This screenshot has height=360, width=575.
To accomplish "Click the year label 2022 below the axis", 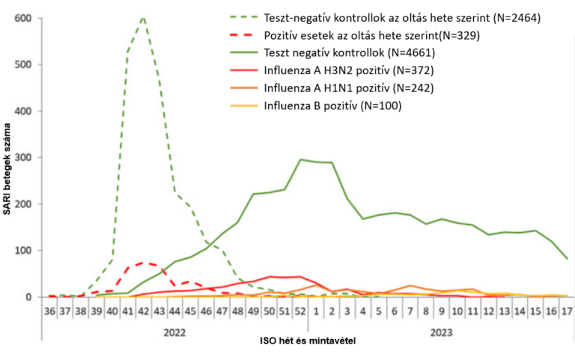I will coord(175,329).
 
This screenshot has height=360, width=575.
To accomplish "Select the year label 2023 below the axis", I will coord(441,329).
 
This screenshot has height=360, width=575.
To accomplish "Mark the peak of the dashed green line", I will coord(143,16).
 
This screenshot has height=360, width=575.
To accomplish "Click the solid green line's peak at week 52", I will coord(300,159).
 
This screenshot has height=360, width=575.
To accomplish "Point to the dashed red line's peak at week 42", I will coord(144,263).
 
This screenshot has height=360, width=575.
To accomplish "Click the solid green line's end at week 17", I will coord(567,258).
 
